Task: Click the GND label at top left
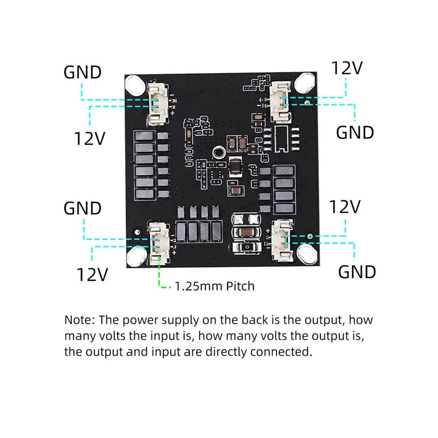coord(82,72)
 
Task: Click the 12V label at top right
coord(347,68)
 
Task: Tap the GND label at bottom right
coord(357,272)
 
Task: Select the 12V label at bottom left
coord(92,274)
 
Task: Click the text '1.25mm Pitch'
coord(215,286)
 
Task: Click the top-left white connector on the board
coord(159,102)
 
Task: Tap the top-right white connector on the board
coord(280,101)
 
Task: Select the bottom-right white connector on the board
coord(282,240)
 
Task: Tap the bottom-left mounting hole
coord(137,256)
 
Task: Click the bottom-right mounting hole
coord(307,254)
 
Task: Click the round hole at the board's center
coord(219,153)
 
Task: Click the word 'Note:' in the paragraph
coord(79,320)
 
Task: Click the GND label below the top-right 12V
coord(355,132)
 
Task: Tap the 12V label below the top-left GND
coord(89,138)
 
